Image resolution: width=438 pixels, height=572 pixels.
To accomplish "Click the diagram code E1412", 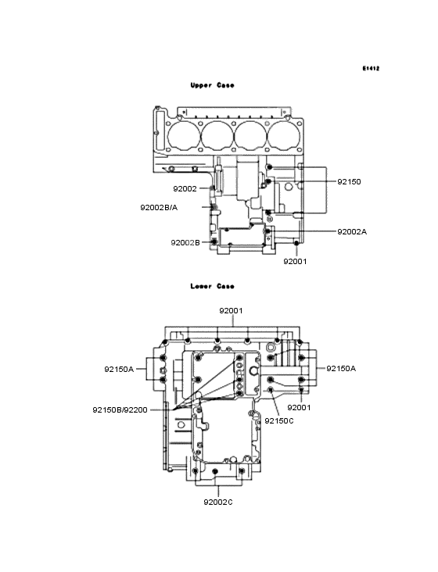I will pyautogui.click(x=371, y=69).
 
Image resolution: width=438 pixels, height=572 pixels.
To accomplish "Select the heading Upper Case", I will pyautogui.click(x=212, y=85).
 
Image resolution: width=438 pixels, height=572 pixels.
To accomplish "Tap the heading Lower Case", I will pyautogui.click(x=212, y=286).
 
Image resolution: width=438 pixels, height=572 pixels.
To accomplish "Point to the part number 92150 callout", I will pyautogui.click(x=349, y=181).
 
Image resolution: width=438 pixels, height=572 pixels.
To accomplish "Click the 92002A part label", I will pyautogui.click(x=352, y=232).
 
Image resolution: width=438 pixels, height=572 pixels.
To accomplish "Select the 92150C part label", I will pyautogui.click(x=279, y=420).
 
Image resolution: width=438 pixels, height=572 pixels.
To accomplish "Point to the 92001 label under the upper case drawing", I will pyautogui.click(x=295, y=262).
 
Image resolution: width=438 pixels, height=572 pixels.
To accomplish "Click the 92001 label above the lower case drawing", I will pyautogui.click(x=231, y=310).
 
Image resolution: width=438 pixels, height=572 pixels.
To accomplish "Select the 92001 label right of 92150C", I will pyautogui.click(x=300, y=408).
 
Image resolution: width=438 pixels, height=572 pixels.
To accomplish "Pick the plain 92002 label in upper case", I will pyautogui.click(x=185, y=188).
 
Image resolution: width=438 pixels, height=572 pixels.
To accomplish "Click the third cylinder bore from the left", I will pyautogui.click(x=250, y=135).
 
